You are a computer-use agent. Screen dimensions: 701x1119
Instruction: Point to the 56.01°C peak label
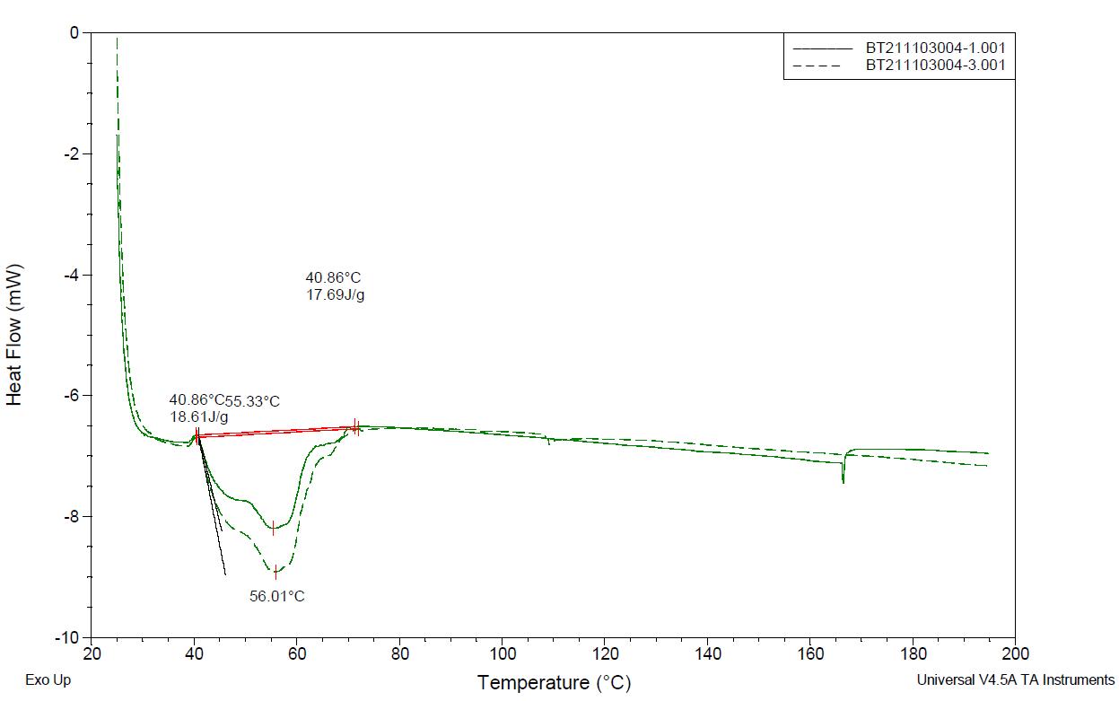pos(277,596)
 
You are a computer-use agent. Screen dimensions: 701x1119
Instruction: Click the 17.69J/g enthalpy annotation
pos(335,294)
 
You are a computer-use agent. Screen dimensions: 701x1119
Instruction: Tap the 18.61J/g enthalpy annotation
pos(198,417)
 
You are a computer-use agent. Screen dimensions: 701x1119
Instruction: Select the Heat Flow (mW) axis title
pos(15,334)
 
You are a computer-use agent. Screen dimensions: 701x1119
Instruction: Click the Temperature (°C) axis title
pos(554,683)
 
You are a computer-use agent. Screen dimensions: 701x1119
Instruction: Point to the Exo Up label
pos(48,680)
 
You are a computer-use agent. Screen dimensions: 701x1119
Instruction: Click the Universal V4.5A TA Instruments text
pos(1016,680)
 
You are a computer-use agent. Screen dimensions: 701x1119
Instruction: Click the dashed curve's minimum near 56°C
pos(276,571)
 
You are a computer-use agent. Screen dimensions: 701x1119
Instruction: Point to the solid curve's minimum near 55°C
pos(274,529)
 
